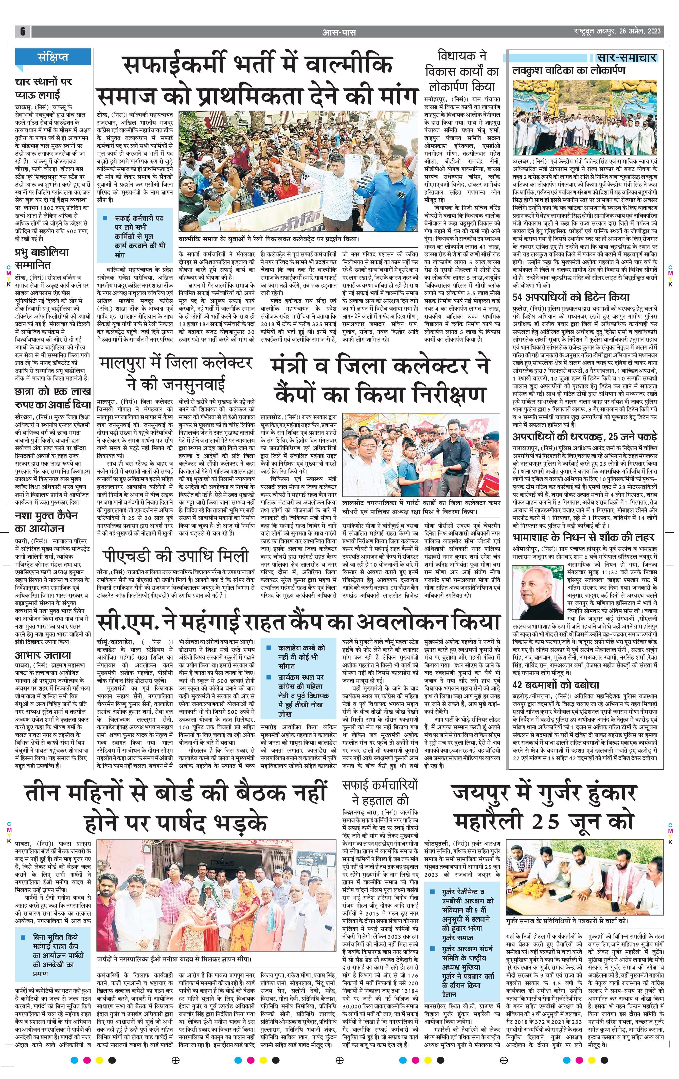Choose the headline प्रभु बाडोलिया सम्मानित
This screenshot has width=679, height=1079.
42,258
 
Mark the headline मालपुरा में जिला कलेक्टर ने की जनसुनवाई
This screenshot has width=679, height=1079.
175,373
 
